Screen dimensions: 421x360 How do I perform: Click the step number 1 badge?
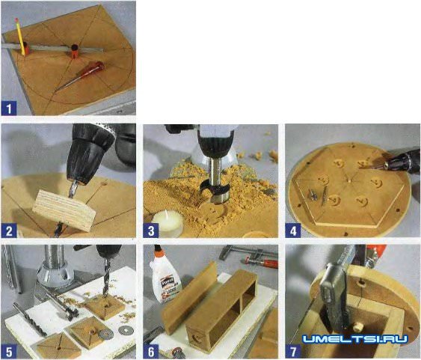[9, 109]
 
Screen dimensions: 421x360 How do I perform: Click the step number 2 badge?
[9, 231]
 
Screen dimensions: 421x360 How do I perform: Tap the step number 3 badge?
[151, 231]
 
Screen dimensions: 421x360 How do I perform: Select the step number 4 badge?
[293, 231]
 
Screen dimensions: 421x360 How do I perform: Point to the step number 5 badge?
[9, 352]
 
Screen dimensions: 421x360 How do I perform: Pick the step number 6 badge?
[151, 352]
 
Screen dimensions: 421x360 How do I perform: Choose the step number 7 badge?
[293, 352]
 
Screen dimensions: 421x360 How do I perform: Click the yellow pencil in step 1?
[20, 37]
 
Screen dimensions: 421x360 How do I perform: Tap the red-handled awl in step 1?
[81, 76]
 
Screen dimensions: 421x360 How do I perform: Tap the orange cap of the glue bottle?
[159, 251]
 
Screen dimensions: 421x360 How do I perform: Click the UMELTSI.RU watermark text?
[355, 339]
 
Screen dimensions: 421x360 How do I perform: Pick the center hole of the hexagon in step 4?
[348, 181]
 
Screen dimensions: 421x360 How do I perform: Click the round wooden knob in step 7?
[357, 327]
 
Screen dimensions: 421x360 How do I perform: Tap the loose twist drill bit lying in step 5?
[30, 319]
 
